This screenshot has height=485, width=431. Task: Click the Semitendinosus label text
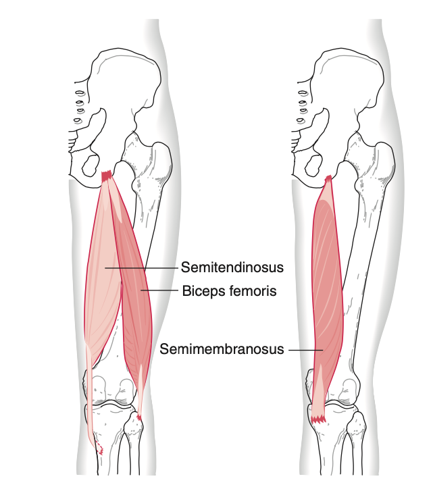coord(232,267)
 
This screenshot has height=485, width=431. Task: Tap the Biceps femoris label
coord(229,290)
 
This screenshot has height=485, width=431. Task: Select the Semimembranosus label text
coord(222,349)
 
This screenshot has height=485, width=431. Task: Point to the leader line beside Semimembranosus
coord(306,350)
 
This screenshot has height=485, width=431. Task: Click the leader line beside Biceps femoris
coord(159,290)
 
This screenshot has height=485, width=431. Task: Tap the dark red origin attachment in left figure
coord(107,176)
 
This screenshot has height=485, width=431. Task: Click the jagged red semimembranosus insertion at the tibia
coord(318,419)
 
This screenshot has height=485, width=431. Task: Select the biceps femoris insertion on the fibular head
coord(139,418)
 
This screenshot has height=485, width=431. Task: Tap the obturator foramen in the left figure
coord(91,165)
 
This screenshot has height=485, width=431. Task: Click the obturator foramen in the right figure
coord(313,165)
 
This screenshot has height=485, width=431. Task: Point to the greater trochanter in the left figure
coord(161,161)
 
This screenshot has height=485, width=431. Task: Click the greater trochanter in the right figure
coord(384,161)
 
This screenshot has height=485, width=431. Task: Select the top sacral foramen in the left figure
coord(80,93)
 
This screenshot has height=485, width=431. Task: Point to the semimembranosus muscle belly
coord(328,278)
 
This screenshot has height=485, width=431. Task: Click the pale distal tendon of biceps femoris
coord(140,390)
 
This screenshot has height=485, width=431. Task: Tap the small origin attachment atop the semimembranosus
coord(328,178)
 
